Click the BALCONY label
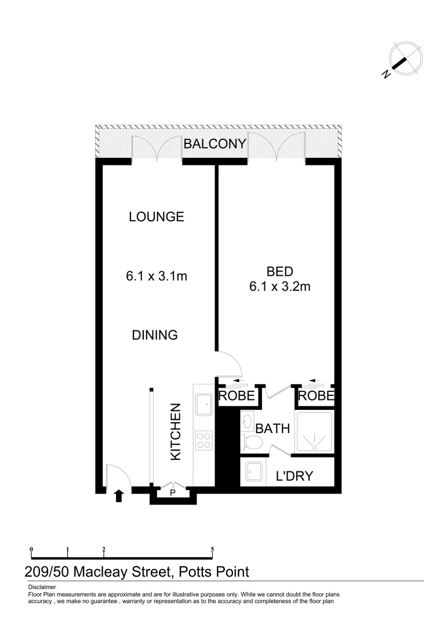(215, 144)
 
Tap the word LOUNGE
(156, 217)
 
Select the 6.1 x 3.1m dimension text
(156, 276)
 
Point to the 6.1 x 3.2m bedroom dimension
(279, 286)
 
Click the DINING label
(154, 335)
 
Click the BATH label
(273, 429)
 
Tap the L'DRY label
(294, 477)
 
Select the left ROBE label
(237, 397)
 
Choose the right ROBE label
(317, 397)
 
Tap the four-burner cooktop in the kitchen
(204, 439)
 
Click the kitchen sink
(204, 405)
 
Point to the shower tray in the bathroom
(315, 433)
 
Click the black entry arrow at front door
(119, 495)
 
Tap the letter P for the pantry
(173, 493)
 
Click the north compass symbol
(404, 60)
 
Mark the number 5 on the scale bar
(213, 549)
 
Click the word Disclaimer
(41, 587)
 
